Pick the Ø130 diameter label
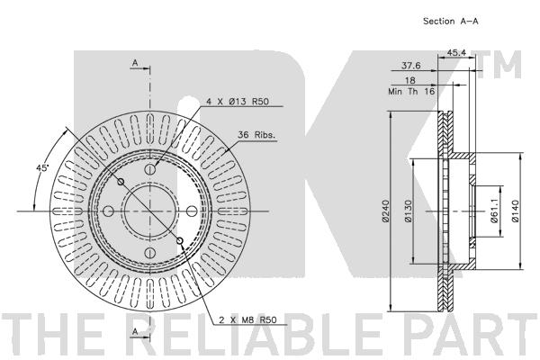click(x=407, y=212)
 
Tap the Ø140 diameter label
click(x=516, y=212)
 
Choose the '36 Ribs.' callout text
click(x=256, y=135)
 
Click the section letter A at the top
click(x=134, y=62)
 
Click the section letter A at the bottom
click(x=134, y=332)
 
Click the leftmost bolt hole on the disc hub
click(x=108, y=211)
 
